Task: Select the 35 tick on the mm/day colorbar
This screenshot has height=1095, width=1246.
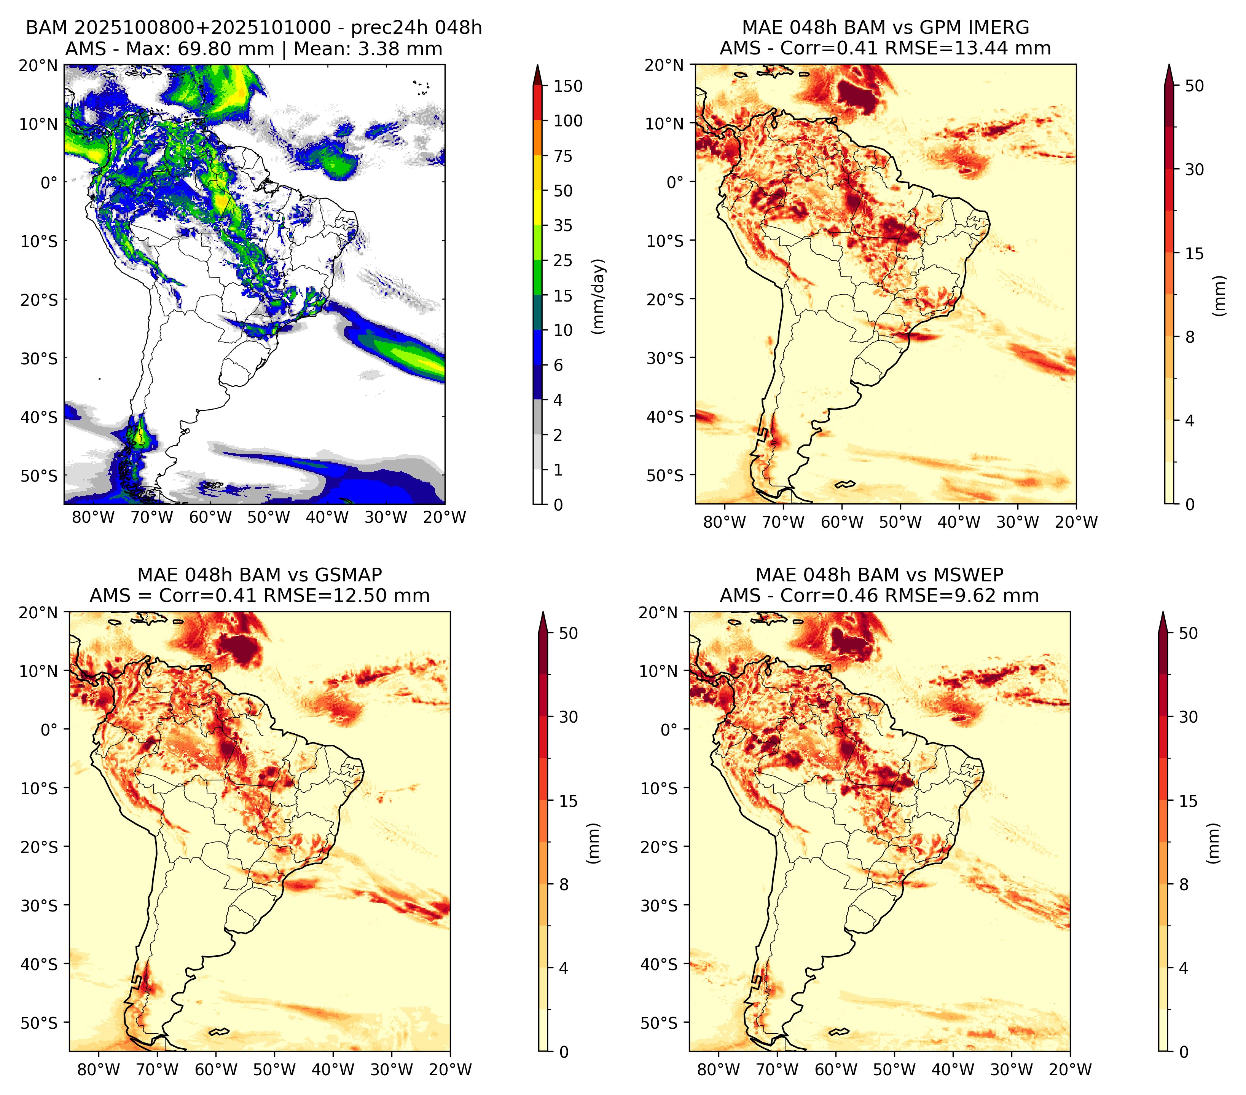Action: click(x=563, y=225)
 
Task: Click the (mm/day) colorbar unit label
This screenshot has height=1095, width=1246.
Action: click(x=599, y=296)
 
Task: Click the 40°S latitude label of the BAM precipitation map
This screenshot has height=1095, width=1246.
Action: click(x=40, y=418)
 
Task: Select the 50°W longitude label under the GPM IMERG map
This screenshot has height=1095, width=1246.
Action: click(x=900, y=522)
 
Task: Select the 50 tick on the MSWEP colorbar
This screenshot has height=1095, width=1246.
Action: click(x=1188, y=633)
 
